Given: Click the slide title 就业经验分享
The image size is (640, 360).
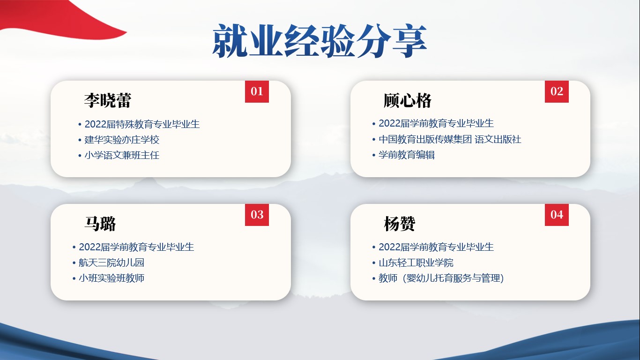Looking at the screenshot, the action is pos(320,41).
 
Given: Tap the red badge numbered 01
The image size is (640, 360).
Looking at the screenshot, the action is pos(257,91).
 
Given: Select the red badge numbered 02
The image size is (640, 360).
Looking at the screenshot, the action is pos(557,91).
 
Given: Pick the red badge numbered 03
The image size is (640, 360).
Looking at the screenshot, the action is pos(257,215).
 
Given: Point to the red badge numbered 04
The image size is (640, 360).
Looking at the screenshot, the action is pos(557,215).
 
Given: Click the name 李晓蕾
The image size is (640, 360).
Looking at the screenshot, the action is pos(108,100).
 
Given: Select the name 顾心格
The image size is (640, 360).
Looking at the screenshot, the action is pos(408,100).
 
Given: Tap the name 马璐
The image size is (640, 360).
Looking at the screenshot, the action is pos(100,224).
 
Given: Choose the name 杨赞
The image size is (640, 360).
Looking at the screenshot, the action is pos(400,224).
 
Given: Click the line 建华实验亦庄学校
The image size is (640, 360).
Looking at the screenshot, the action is pos(122,140).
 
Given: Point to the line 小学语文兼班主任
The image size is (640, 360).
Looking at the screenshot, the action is pos(122,155).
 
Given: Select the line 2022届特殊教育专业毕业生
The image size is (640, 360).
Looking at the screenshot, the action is pos(142,124).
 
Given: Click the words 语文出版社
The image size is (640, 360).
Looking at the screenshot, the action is pos(498,139).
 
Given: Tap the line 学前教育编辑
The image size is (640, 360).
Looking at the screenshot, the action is pos(407,155).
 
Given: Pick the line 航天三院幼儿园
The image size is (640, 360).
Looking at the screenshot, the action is pos(112,262).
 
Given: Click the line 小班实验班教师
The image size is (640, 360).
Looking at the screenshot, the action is pos(112,278).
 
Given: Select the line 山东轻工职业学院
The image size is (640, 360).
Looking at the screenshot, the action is pos(416,262).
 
